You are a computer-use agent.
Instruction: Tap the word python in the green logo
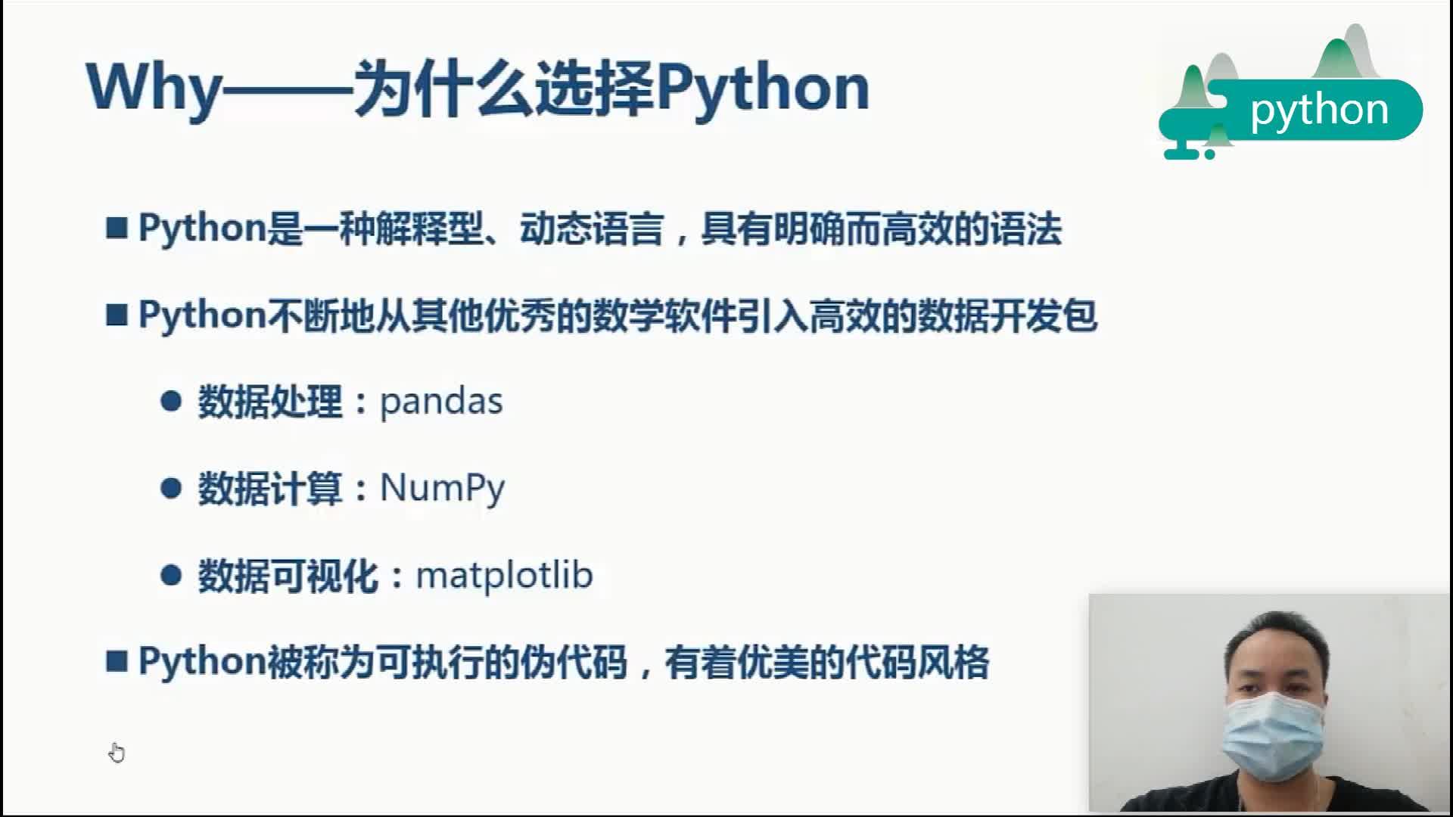[x=1319, y=110]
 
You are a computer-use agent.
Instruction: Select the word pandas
[x=440, y=402]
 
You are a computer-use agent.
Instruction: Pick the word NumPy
[x=442, y=489]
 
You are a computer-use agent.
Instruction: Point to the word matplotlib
[x=504, y=576]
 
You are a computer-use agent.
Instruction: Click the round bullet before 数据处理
[x=171, y=401]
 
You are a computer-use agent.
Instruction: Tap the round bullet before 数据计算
[x=171, y=488]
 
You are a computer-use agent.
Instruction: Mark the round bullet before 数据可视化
[x=171, y=576]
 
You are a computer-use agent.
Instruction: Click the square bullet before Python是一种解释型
[x=117, y=228]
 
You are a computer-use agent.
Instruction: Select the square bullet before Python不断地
[x=117, y=315]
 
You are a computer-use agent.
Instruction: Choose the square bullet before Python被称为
[x=117, y=662]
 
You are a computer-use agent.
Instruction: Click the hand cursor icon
[x=117, y=753]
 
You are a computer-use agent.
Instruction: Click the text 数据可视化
[x=288, y=576]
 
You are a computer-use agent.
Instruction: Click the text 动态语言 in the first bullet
[x=591, y=228]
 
